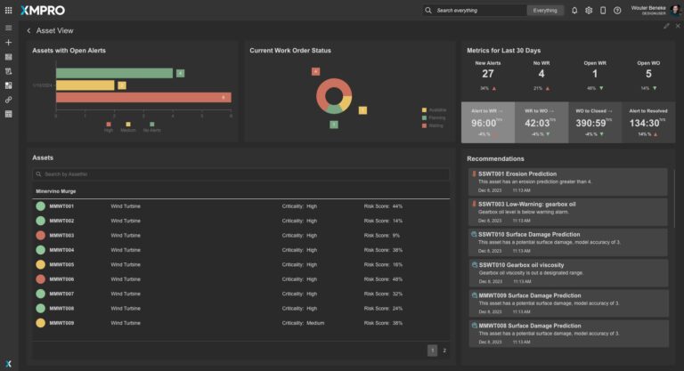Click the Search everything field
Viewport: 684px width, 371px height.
476,11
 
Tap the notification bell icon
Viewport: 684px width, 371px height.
574,11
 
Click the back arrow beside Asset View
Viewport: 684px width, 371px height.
28,30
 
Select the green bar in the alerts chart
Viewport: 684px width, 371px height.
114,73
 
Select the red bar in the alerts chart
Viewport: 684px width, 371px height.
142,97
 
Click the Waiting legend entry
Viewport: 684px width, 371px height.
436,125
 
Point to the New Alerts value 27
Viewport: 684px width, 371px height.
487,74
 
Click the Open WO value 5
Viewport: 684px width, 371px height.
648,74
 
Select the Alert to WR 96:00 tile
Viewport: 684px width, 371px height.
487,123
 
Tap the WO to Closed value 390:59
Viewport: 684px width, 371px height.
592,123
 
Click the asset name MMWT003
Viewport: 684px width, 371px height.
62,235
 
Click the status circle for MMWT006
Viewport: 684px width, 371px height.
40,278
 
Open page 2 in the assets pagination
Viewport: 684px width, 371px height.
444,351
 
